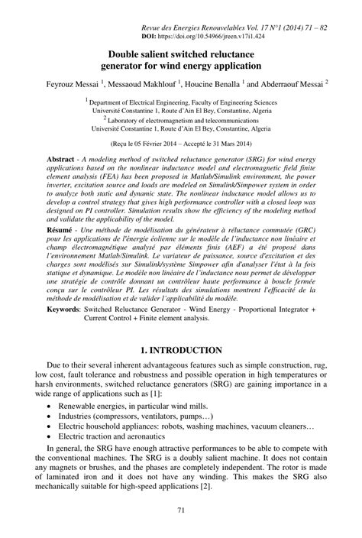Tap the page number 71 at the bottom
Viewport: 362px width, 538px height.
click(181, 509)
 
